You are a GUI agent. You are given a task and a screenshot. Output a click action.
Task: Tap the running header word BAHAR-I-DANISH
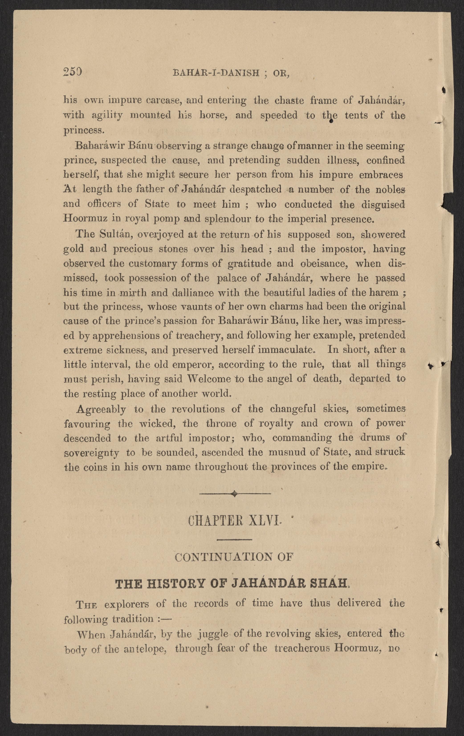click(x=216, y=73)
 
